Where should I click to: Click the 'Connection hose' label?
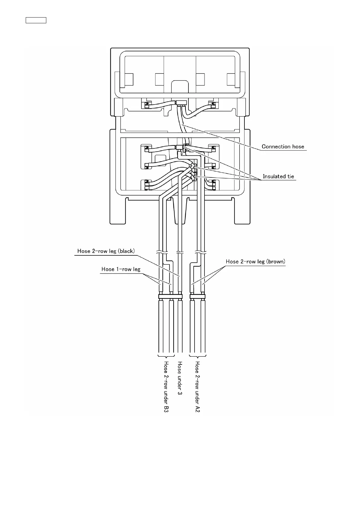pos(283,147)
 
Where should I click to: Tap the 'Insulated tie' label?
pos(278,177)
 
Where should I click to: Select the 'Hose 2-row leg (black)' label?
pos(106,251)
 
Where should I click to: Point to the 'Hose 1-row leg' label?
pos(121,269)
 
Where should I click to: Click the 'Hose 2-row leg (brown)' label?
pos(256,262)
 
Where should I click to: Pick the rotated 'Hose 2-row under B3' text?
pos(166,387)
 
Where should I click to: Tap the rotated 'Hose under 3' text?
pos(180,378)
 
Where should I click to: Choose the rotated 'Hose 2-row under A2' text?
pos(197,387)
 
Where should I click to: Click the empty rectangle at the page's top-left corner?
pos(36,21)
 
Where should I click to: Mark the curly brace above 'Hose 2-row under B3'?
pos(166,356)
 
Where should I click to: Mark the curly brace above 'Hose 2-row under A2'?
pos(197,356)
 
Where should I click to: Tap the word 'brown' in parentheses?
pos(276,262)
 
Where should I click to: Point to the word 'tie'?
pos(290,177)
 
